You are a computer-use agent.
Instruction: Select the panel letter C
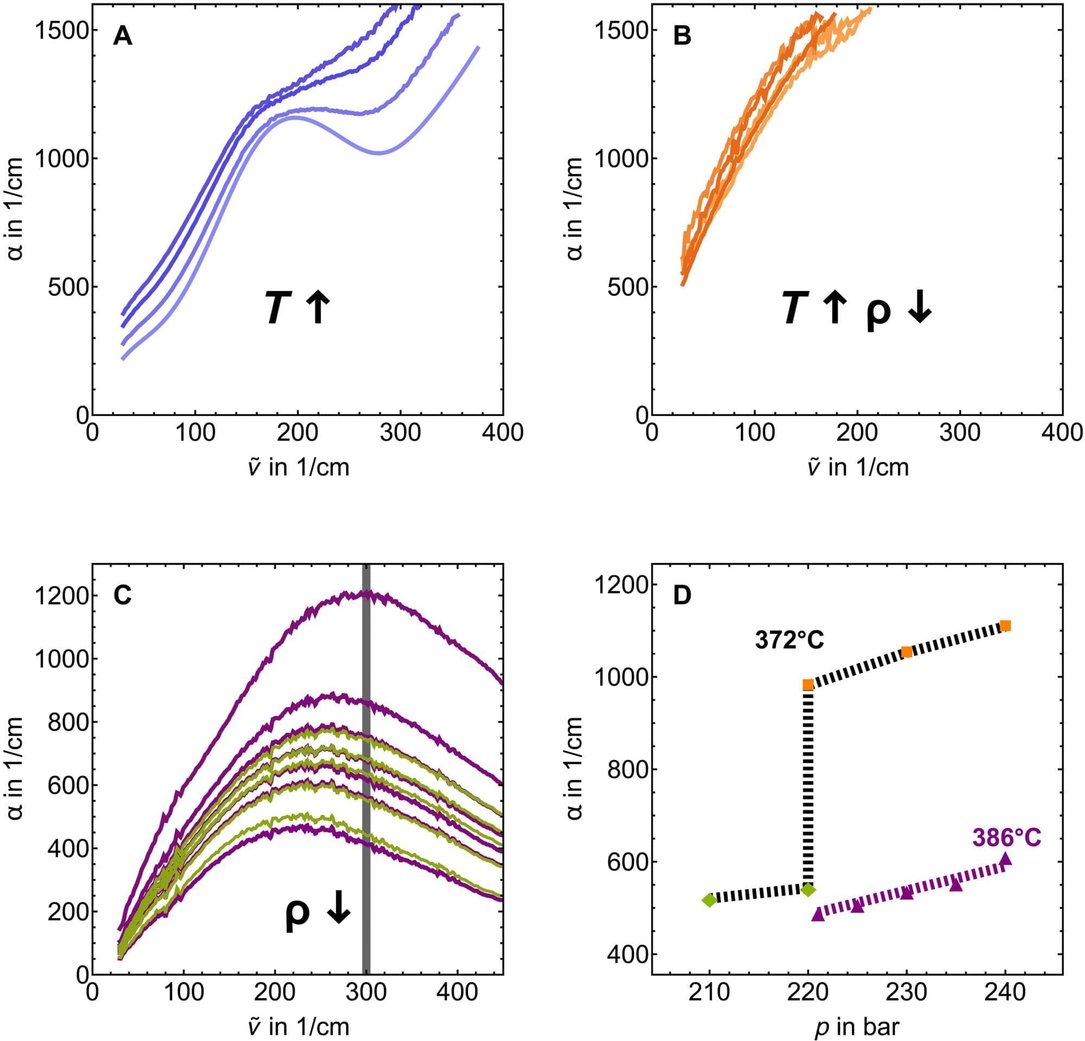coord(123,595)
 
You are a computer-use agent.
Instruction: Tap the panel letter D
coord(682,595)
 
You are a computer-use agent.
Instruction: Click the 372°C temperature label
coord(789,640)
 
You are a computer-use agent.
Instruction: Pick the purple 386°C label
coord(1007,838)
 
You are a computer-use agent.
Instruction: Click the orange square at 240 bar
coord(1006,626)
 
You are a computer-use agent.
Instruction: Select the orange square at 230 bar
coord(907,652)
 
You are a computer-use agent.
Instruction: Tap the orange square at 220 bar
coord(808,685)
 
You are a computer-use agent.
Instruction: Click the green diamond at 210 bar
coord(709,900)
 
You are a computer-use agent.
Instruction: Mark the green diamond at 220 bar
coord(809,890)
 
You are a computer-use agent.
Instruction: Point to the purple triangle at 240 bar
coord(1006,859)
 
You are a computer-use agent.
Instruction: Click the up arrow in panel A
coord(318,309)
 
